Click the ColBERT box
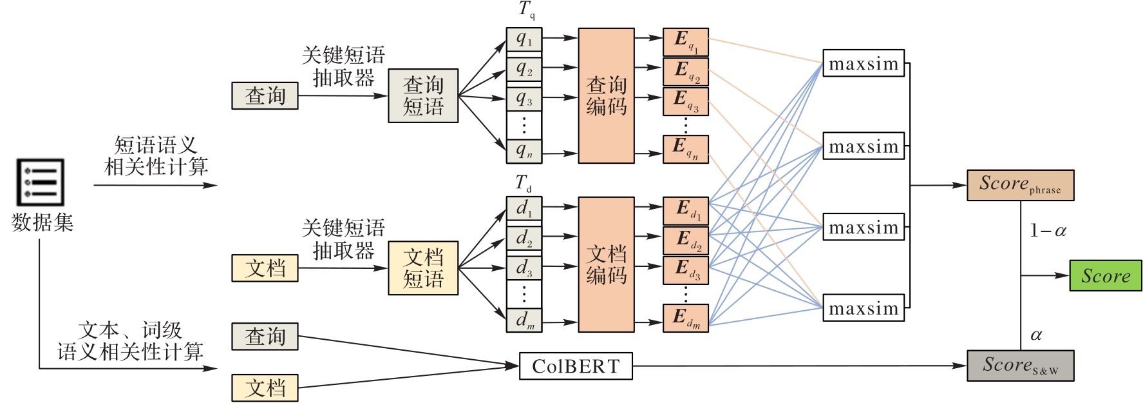[x=576, y=366]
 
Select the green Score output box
[x=1105, y=276]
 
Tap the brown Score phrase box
[x=1020, y=185]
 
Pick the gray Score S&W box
[x=1020, y=366]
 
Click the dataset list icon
[x=40, y=182]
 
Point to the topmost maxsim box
[x=864, y=64]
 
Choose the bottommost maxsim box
[x=864, y=308]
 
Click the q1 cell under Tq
[x=524, y=40]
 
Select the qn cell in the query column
[x=524, y=152]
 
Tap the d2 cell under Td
[x=524, y=239]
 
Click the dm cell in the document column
[x=524, y=320]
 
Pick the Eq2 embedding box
[x=686, y=72]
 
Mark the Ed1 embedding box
[x=686, y=210]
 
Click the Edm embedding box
[x=686, y=319]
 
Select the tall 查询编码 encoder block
[x=606, y=95]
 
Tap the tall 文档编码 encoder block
[x=606, y=264]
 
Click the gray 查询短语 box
[x=423, y=95]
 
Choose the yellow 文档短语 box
[x=423, y=268]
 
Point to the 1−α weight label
[x=1048, y=231]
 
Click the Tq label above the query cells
[x=526, y=10]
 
